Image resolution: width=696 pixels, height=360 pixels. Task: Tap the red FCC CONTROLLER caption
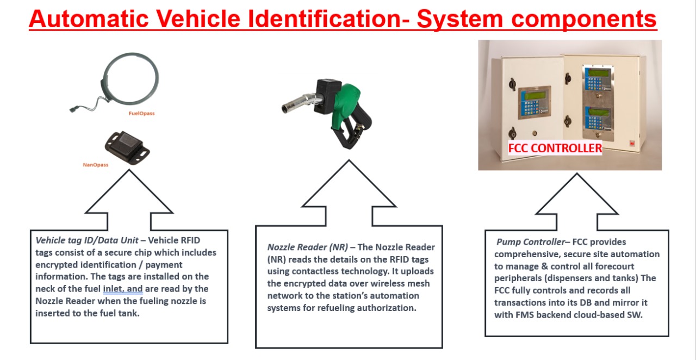click(x=555, y=148)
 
